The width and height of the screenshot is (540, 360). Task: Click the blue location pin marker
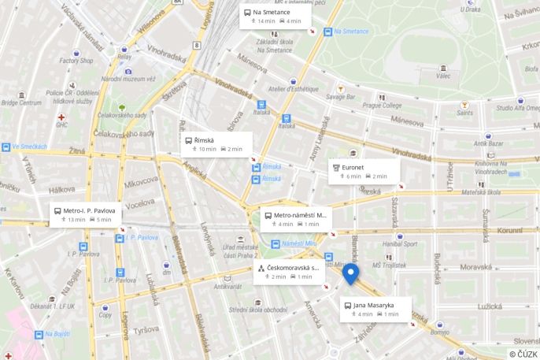coord(351,273)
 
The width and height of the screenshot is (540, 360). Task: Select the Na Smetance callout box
coord(275,17)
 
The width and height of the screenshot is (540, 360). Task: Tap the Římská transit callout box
coord(216,144)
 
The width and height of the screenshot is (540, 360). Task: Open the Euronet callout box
coord(363,172)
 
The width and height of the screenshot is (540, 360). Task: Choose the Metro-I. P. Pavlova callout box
coord(86,215)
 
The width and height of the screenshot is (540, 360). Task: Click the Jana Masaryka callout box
coord(375,309)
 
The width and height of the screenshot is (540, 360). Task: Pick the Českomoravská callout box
coord(288,272)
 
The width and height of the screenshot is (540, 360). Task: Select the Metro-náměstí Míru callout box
coord(295,219)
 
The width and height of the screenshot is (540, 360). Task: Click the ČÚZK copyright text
coord(523,354)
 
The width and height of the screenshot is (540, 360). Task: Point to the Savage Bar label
coord(341,97)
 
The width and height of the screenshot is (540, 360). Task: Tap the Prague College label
coord(382,105)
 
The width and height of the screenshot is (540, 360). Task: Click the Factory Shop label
coord(76,61)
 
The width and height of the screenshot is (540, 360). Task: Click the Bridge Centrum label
coord(21,102)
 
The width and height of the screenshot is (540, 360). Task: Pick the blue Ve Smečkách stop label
coord(29,147)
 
